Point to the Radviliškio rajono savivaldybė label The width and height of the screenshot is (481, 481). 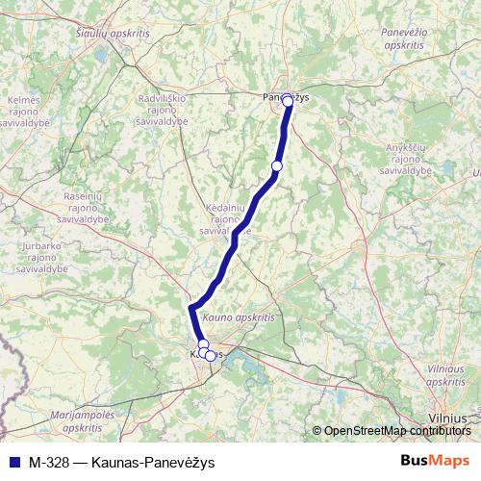click(168, 111)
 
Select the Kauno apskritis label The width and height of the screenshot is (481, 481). click(240, 316)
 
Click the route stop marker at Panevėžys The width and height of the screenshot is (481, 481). click(287, 99)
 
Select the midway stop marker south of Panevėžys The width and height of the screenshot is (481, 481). click(277, 166)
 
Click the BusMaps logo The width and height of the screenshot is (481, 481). click(436, 460)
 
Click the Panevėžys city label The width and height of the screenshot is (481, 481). click(286, 96)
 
